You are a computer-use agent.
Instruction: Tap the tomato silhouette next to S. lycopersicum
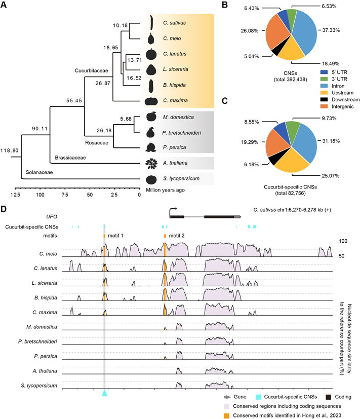[x=151, y=179]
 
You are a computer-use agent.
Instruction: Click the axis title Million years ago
[x=165, y=190]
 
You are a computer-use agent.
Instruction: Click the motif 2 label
[x=176, y=236]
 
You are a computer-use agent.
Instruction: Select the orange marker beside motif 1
[x=104, y=236]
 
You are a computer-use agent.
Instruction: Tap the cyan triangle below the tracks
[x=104, y=393]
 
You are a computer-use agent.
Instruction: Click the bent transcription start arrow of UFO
[x=173, y=209]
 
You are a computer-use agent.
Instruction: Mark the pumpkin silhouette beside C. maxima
[x=151, y=101]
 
